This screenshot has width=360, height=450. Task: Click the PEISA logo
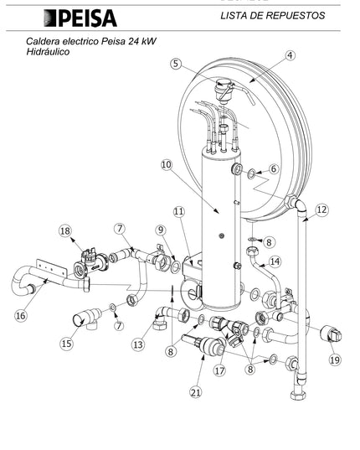[x=80, y=18]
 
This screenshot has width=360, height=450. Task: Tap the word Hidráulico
[x=48, y=52]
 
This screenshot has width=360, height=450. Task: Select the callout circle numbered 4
[x=291, y=55]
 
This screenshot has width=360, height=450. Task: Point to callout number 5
[x=177, y=64]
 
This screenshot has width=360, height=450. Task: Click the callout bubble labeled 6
[x=274, y=168]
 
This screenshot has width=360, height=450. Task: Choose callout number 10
[x=167, y=165]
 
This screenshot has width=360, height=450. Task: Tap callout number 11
[x=179, y=212]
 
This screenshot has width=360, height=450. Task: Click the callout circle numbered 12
[x=321, y=209]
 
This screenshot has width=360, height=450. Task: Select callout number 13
[x=138, y=344]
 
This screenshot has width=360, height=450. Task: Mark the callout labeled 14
[x=275, y=261]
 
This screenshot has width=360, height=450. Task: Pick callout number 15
[x=66, y=344]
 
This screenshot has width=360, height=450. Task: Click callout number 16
[x=21, y=316]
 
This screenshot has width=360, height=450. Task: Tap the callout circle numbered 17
[x=220, y=370]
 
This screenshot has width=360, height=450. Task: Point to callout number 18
[x=65, y=230]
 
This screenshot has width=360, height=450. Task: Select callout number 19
[x=335, y=359]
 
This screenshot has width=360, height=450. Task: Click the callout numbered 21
[x=196, y=392]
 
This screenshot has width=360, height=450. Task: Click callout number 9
[x=161, y=230]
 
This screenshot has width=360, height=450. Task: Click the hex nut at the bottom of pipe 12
[x=298, y=395]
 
